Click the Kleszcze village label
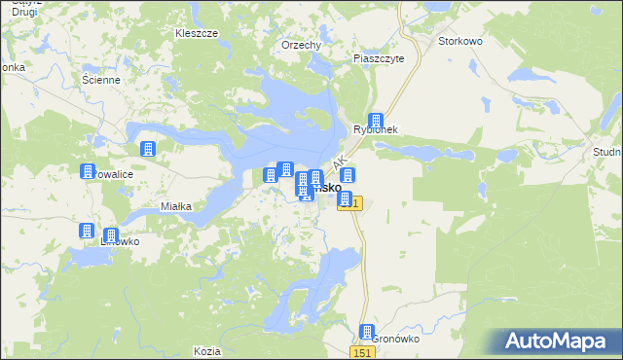click(196, 32)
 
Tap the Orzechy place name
click(301, 45)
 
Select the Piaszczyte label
click(385, 57)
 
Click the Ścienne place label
click(100, 80)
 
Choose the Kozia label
click(207, 350)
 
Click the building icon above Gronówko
click(367, 332)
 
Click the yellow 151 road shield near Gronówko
click(362, 349)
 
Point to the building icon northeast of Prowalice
click(148, 149)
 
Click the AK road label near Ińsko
click(340, 163)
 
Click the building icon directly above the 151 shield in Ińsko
click(348, 176)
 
